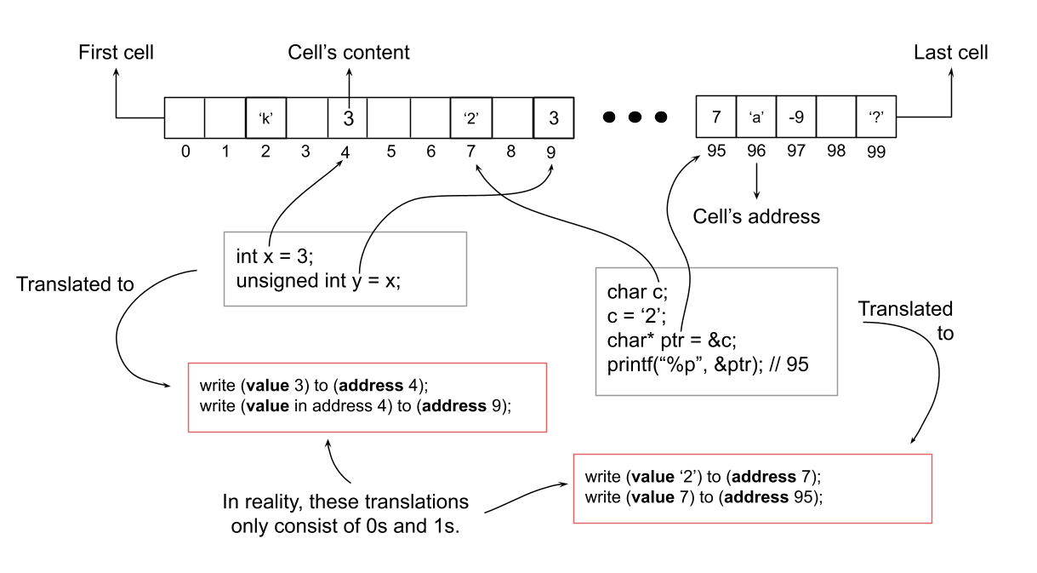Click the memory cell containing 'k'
[265, 117]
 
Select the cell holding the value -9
[796, 117]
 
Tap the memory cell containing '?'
[876, 117]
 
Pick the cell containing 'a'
[756, 117]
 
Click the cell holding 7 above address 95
[716, 117]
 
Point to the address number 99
[876, 152]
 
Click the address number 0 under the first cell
[185, 152]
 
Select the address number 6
[431, 152]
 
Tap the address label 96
[756, 151]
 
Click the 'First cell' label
[116, 52]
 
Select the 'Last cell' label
[951, 52]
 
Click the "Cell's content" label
[349, 52]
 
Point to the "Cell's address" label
[756, 217]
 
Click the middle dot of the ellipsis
[635, 117]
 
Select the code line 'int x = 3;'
[275, 256]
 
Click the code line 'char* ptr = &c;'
[672, 341]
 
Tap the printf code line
[708, 364]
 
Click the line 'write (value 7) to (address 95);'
[704, 497]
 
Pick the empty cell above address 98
[836, 117]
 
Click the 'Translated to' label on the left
[75, 284]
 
